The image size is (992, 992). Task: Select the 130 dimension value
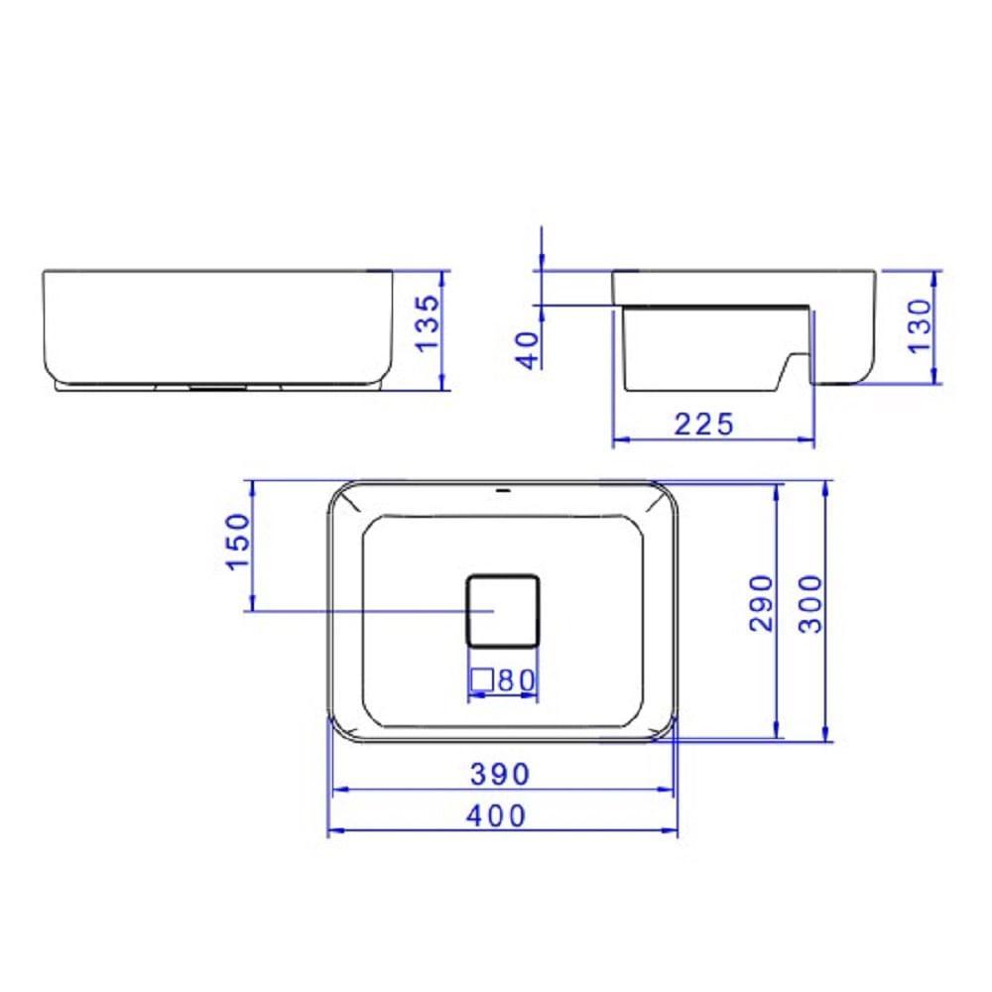point(920,325)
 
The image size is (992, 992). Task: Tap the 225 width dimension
point(703,424)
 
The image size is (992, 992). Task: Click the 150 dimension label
point(239,542)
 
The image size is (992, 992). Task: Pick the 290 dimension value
point(761,603)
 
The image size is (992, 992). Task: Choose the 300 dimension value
point(810,603)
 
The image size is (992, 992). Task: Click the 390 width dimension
point(500,774)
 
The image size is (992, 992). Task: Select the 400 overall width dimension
point(497,815)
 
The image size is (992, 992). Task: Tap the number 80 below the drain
point(517,681)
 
